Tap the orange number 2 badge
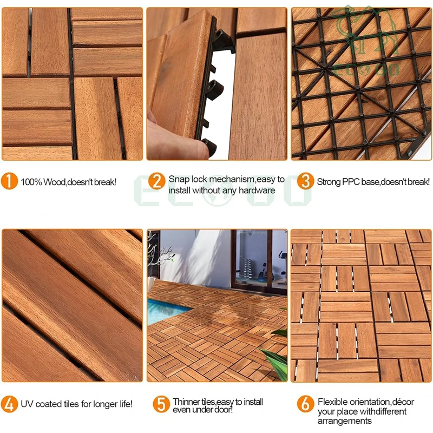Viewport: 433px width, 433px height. pyautogui.click(x=156, y=181)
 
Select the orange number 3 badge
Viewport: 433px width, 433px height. pyautogui.click(x=306, y=181)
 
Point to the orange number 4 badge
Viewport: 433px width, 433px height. pyautogui.click(x=9, y=404)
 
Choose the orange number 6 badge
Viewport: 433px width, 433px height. pyautogui.click(x=305, y=403)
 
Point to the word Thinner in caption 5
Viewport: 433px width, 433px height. pyautogui.click(x=186, y=402)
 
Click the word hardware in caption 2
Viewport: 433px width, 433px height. pyautogui.click(x=258, y=190)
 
